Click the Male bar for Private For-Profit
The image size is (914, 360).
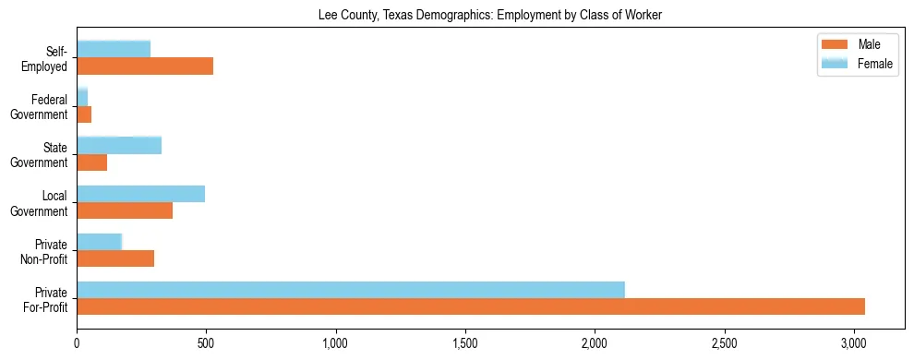471,306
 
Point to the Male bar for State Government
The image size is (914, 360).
92,162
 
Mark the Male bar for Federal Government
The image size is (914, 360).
84,114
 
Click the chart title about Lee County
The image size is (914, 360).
490,15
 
